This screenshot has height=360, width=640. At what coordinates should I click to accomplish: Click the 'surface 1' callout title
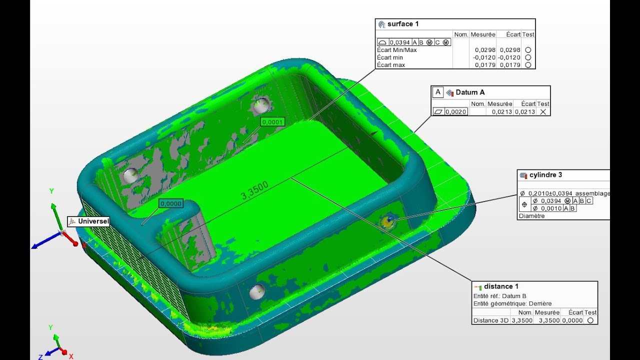pyautogui.click(x=403, y=24)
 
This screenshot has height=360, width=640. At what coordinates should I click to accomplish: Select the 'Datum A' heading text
pyautogui.click(x=470, y=92)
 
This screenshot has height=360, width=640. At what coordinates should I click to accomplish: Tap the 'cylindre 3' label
pyautogui.click(x=545, y=175)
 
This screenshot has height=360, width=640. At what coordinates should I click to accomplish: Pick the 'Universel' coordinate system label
pyautogui.click(x=93, y=221)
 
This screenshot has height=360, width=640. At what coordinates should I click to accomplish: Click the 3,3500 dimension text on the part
pyautogui.click(x=254, y=190)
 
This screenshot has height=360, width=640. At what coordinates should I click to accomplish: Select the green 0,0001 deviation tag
pyautogui.click(x=272, y=122)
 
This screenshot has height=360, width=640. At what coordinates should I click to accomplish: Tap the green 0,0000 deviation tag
pyautogui.click(x=171, y=203)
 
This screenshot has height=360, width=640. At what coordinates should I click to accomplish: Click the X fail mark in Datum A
pyautogui.click(x=543, y=112)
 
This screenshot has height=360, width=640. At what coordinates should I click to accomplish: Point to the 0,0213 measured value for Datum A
pyautogui.click(x=502, y=112)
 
